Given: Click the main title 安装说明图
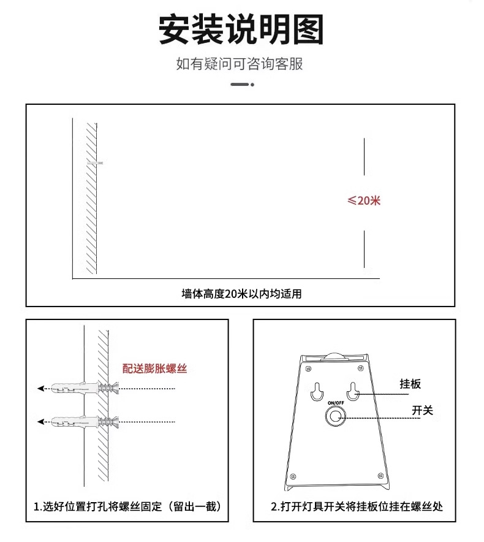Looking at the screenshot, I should (241, 29).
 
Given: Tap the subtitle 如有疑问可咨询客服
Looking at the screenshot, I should (240, 64).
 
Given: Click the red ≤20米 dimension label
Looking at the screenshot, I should (365, 200).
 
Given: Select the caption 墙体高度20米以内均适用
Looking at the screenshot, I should (241, 294).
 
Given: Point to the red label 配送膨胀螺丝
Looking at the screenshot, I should (154, 368).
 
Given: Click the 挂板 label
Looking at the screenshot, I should (410, 384).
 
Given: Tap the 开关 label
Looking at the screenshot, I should (422, 410).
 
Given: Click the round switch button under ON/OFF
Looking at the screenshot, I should (335, 417).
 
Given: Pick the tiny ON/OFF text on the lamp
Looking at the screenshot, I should (336, 403).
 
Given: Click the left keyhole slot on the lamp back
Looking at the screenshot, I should (317, 391).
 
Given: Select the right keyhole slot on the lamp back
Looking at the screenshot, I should (354, 391).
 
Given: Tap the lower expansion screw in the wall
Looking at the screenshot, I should (86, 421).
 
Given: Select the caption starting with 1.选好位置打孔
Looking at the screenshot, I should (127, 507).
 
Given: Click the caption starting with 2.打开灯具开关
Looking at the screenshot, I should (357, 507).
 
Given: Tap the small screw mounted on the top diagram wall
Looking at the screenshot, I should (96, 162).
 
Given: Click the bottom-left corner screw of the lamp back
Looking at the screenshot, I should (293, 476).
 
